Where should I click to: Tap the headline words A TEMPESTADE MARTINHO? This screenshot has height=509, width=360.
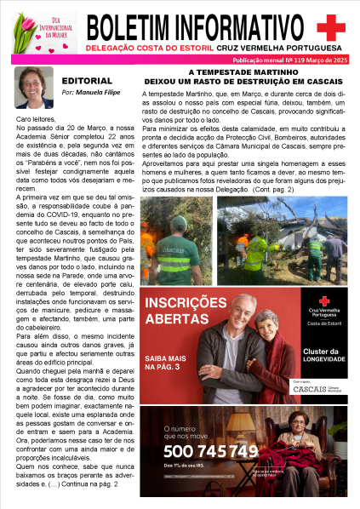[243, 73]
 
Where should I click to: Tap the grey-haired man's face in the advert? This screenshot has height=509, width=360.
[247, 309]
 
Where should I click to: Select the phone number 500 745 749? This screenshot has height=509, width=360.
[209, 450]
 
